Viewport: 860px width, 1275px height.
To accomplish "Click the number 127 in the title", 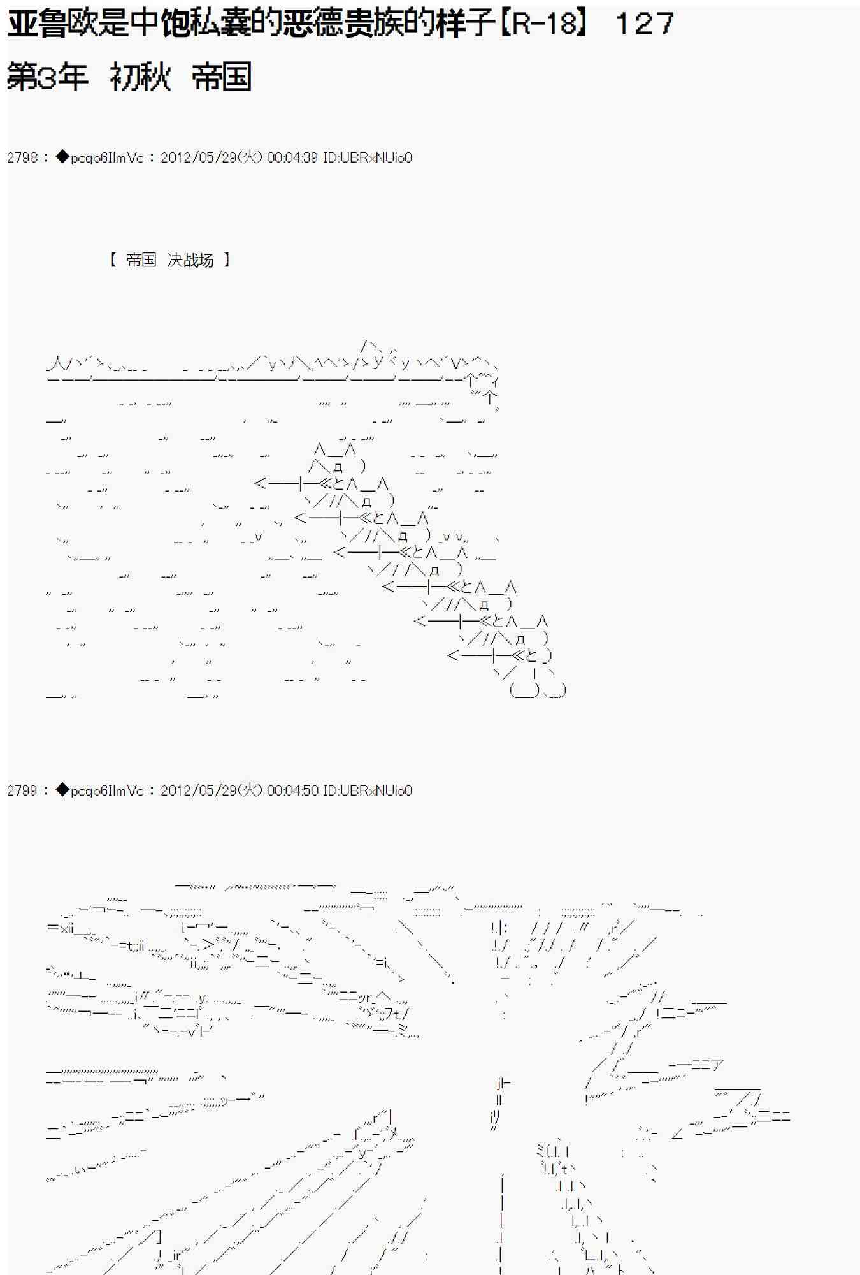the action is [644, 24].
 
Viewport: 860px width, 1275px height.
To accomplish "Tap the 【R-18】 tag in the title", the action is [542, 24].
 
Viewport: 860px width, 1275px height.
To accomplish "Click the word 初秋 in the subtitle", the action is [140, 77].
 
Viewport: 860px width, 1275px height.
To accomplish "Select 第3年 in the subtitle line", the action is [47, 77].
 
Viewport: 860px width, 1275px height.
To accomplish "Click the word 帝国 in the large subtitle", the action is [221, 77].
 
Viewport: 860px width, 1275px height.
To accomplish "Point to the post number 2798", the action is [22, 157].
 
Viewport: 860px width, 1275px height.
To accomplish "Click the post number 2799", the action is [22, 790].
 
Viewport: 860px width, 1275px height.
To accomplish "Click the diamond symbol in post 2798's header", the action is [62, 157].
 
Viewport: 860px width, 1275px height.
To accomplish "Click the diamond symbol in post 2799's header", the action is [62, 790].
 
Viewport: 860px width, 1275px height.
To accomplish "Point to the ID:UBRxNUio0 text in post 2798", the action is [368, 157].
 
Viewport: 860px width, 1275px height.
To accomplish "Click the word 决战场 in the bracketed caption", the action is [190, 260].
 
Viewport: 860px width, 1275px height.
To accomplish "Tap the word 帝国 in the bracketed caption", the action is [141, 260].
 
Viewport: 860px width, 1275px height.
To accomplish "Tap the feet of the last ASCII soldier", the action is [538, 690].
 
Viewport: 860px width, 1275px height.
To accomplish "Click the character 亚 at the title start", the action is [22, 24].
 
